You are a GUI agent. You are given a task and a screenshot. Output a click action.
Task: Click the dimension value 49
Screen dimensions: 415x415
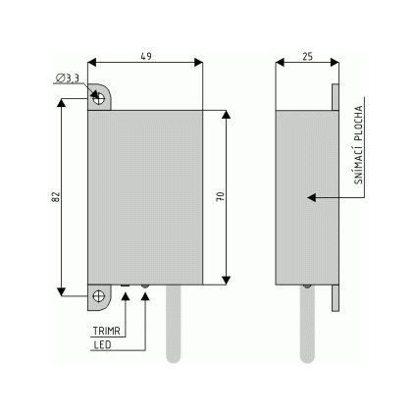(x=146, y=56)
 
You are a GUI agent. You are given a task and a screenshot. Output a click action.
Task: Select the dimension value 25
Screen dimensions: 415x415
(x=307, y=57)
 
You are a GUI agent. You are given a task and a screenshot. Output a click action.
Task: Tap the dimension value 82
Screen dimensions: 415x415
(x=56, y=196)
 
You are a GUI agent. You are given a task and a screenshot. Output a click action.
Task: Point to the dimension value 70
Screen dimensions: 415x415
(x=221, y=196)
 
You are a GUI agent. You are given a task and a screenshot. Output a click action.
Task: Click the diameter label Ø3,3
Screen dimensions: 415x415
(x=67, y=78)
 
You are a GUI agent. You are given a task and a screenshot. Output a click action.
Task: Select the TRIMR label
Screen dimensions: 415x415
(x=107, y=331)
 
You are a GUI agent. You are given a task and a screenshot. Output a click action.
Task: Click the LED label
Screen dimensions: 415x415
(x=102, y=344)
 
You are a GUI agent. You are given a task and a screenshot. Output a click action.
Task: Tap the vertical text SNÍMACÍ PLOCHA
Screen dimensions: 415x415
(x=359, y=145)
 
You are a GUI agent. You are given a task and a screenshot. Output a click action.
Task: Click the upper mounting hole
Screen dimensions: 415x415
(x=98, y=98)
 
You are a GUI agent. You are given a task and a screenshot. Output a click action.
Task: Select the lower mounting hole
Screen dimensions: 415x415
(x=98, y=296)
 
